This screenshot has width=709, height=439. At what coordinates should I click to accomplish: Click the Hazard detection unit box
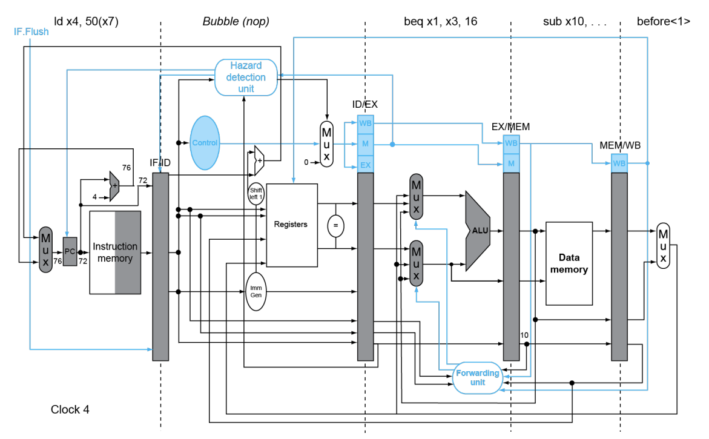pyautogui.click(x=246, y=78)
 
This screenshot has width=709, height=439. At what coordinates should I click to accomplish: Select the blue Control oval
pyautogui.click(x=205, y=143)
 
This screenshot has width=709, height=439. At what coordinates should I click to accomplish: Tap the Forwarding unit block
pyautogui.click(x=478, y=377)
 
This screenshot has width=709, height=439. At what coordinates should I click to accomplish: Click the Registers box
pyautogui.click(x=292, y=225)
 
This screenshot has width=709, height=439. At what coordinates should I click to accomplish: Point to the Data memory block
pyautogui.click(x=569, y=263)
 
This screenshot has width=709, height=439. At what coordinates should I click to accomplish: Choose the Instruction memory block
pyautogui.click(x=115, y=253)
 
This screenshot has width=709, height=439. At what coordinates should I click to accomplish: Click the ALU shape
pyautogui.click(x=478, y=231)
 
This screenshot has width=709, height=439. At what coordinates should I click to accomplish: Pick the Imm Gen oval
pyautogui.click(x=256, y=292)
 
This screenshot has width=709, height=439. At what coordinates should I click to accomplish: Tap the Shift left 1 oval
pyautogui.click(x=256, y=194)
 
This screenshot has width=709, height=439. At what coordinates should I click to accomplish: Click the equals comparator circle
pyautogui.click(x=335, y=226)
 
